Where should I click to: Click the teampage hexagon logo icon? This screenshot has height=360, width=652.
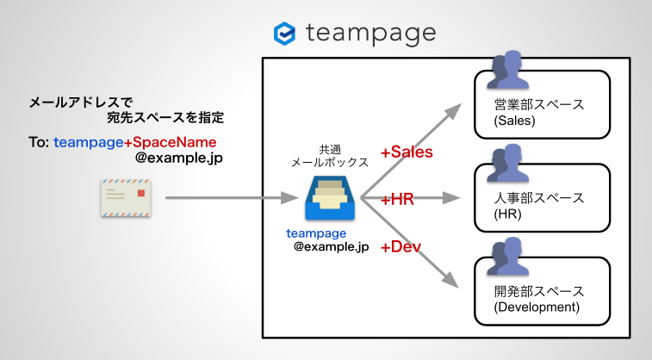click(x=284, y=34)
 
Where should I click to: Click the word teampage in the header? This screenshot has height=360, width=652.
click(x=369, y=34)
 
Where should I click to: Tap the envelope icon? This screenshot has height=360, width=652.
click(x=124, y=199)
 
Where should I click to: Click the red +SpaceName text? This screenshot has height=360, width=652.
click(x=170, y=142)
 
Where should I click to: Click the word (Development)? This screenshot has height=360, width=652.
click(x=537, y=307)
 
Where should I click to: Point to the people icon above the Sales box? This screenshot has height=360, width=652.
click(x=506, y=71)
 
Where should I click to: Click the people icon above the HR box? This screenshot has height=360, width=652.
click(x=506, y=164)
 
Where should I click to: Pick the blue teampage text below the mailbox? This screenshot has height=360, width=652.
click(x=316, y=233)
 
